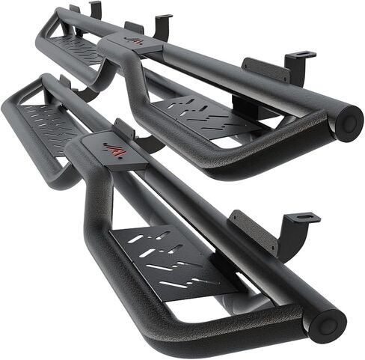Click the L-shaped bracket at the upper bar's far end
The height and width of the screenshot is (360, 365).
(94, 10)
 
